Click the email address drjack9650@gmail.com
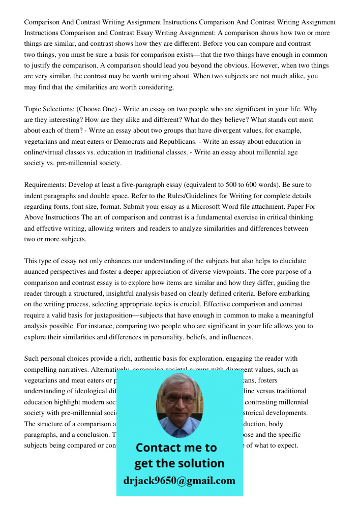click(x=179, y=481)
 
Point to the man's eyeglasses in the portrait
click(x=179, y=399)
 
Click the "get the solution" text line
click(x=179, y=463)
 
